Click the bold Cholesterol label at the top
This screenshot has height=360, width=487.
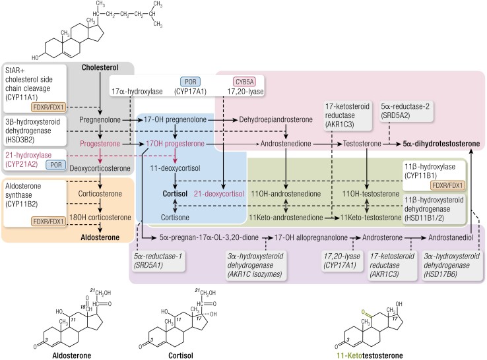[x=100, y=67]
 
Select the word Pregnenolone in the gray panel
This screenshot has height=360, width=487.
[x=100, y=119]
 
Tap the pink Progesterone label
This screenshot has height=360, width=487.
[x=100, y=144]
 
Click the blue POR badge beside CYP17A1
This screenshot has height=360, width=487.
[x=191, y=82]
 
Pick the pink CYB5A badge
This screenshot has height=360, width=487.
[x=244, y=82]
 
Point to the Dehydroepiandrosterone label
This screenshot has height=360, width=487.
[x=276, y=119]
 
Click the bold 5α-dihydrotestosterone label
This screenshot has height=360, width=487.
[x=441, y=144]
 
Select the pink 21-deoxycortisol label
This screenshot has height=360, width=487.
[x=219, y=194]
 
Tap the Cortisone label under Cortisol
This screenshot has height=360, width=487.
[x=175, y=217]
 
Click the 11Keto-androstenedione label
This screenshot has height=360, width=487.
[x=286, y=217]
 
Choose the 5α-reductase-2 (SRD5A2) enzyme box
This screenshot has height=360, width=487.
[x=405, y=111]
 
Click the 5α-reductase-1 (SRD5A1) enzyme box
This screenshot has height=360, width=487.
[x=158, y=260]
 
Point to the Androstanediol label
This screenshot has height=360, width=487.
[x=451, y=237]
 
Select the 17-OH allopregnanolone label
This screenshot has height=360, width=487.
[x=311, y=237]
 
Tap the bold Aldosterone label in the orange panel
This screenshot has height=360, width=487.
[x=100, y=237]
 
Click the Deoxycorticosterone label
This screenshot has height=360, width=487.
[x=100, y=168]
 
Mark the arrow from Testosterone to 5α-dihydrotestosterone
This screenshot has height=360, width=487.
[x=392, y=144]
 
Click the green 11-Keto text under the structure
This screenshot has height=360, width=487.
[x=349, y=355]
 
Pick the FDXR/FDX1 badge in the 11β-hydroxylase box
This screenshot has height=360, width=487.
[x=447, y=185]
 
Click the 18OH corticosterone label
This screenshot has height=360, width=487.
[x=100, y=217]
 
